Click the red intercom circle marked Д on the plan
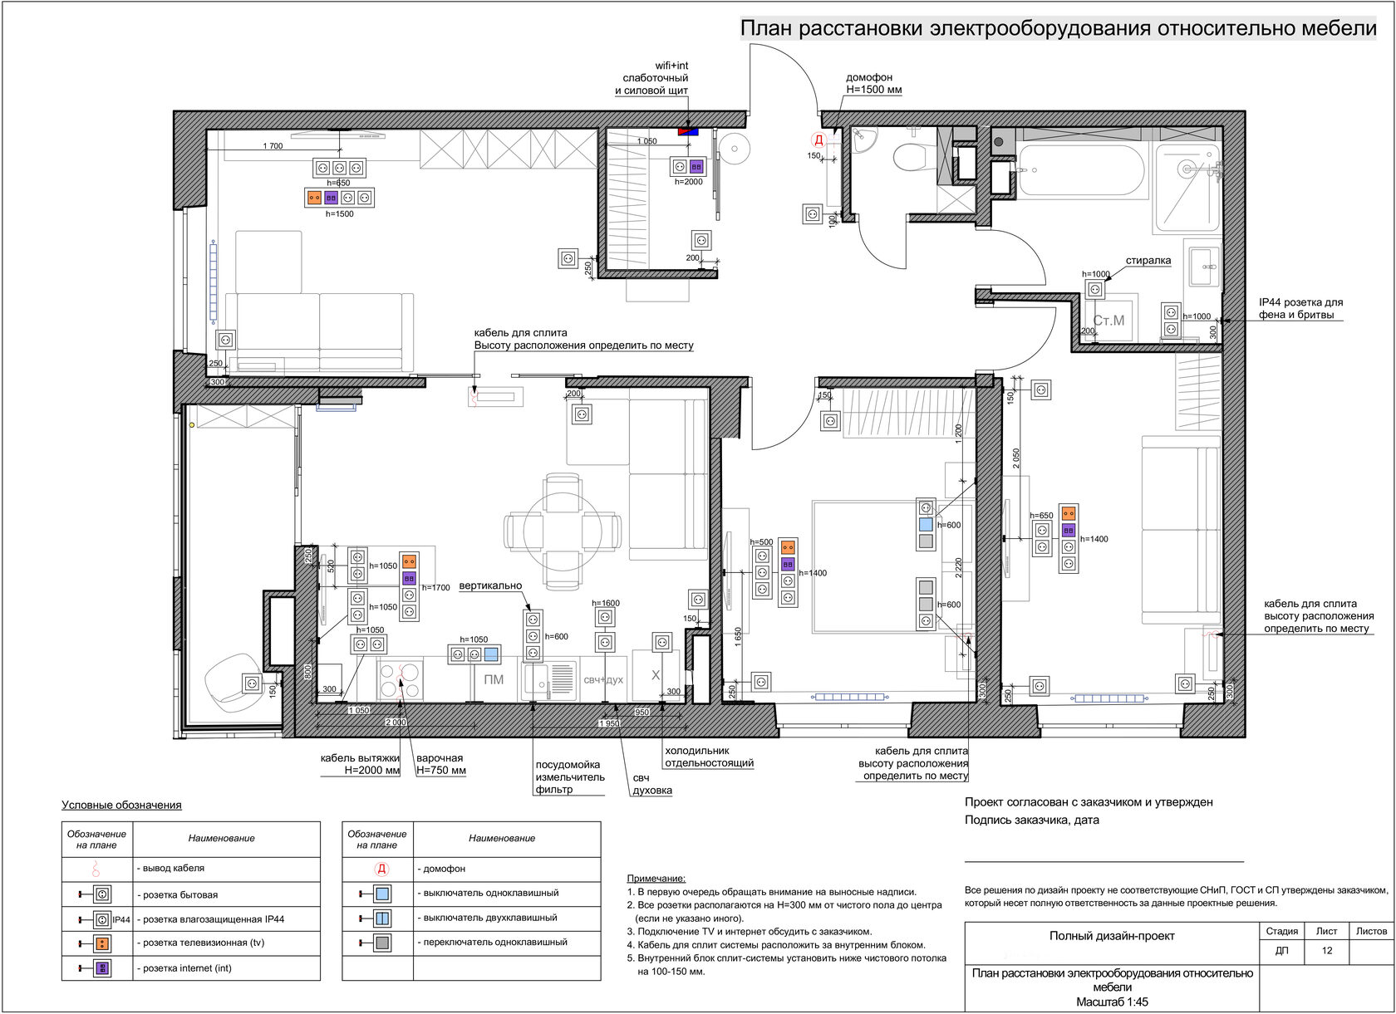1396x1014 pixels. [819, 140]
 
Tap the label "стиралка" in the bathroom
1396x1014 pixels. [1148, 261]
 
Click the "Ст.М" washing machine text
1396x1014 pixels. [1108, 321]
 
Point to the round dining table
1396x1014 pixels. [563, 531]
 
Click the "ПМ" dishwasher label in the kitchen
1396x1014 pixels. [494, 679]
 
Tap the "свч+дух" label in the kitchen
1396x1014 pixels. [603, 679]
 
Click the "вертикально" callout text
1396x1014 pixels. [490, 585]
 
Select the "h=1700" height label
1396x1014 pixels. [435, 587]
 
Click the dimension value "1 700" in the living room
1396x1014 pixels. [273, 146]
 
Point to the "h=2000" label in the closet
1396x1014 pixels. [688, 182]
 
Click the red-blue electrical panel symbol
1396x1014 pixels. [688, 131]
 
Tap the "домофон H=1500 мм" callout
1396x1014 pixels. [873, 83]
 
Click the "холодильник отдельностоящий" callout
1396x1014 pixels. [710, 757]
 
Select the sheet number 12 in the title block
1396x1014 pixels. [1327, 950]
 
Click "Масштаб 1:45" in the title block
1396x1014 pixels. [1112, 1002]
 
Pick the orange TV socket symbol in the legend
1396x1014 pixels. [103, 943]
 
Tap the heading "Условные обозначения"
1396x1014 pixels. [121, 805]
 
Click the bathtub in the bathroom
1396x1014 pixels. [1082, 170]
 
